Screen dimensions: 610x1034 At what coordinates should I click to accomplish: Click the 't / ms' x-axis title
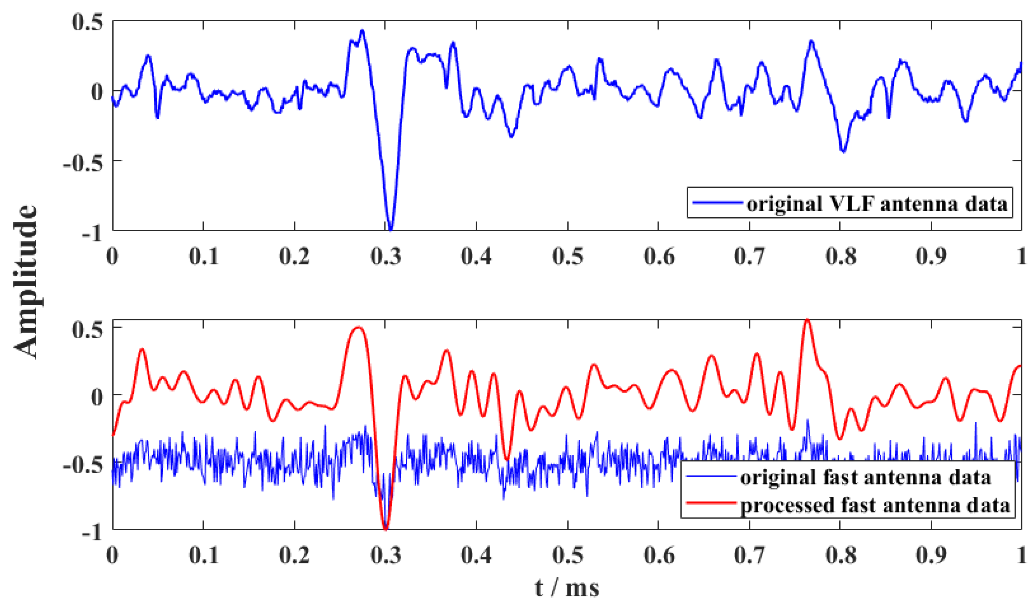pos(567,588)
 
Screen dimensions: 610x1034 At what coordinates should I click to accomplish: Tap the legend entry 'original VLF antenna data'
pos(877,204)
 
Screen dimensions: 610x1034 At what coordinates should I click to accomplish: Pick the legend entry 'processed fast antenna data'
pos(875,505)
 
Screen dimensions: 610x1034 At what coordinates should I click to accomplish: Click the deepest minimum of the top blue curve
pos(391,229)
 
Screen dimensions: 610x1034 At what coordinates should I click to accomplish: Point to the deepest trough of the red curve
pos(385,529)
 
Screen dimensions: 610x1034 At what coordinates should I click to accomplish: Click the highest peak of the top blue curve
pos(362,31)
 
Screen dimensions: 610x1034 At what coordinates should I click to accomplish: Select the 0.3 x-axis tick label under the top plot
pos(385,256)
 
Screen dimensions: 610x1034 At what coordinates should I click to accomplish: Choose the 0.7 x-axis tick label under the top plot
pos(749,256)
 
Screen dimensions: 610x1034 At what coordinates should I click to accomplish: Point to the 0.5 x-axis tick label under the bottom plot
pos(568,555)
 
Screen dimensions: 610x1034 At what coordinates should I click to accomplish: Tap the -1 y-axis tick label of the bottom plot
pos(91,533)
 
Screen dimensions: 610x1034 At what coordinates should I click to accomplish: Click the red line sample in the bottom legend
pos(710,503)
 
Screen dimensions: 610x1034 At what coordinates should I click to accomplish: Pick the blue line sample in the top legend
pos(717,203)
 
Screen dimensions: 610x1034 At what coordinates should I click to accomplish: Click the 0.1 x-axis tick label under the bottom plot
pos(203,555)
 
